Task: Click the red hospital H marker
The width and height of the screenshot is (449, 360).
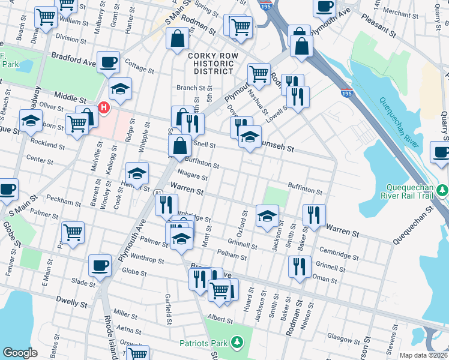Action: [104, 109]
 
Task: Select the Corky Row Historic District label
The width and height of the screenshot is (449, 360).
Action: [209, 63]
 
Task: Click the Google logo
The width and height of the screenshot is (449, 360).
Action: [20, 353]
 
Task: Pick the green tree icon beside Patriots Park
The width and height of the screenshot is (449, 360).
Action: [238, 343]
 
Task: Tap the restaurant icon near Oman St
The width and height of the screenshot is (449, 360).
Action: [299, 266]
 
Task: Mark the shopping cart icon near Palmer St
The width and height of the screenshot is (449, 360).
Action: [73, 232]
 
